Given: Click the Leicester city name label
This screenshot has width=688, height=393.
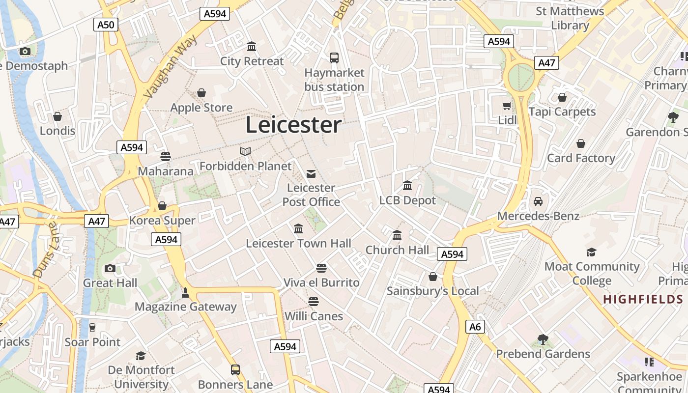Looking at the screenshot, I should [293, 125].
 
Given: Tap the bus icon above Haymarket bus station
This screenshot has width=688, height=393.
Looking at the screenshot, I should [334, 58].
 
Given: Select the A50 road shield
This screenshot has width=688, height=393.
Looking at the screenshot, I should [106, 25].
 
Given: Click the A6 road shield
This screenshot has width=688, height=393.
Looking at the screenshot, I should [475, 327].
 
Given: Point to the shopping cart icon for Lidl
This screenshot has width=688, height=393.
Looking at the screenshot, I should [507, 106].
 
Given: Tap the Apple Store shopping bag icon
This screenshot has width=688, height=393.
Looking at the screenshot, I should [201, 93].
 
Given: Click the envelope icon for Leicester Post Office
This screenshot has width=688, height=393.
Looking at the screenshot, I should [311, 173].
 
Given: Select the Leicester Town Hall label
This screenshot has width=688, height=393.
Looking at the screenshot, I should [298, 243].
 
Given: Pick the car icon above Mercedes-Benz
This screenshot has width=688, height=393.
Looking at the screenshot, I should [538, 201].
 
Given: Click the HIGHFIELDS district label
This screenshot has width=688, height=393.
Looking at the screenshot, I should [645, 299].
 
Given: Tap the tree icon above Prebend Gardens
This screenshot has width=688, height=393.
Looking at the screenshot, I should [543, 339].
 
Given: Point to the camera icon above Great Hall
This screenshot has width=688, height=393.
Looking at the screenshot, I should [110, 268].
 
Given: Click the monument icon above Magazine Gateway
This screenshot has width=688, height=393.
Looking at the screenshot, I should [185, 292].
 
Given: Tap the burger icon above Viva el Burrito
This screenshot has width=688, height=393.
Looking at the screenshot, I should [321, 268].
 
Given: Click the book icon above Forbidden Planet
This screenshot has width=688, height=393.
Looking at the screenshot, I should [245, 151].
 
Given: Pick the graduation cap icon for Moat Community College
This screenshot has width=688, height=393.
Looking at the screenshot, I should [592, 252].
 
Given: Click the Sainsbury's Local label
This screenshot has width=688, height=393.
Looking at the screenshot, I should [432, 291].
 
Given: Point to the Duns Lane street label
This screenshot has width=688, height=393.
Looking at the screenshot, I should [45, 250].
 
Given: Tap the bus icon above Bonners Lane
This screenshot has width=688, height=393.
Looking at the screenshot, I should [235, 369].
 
